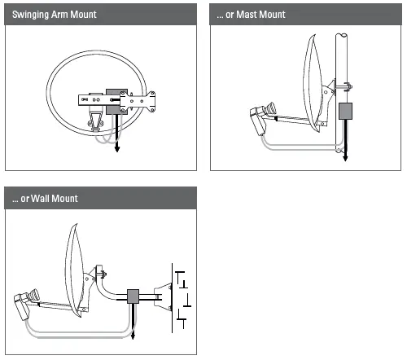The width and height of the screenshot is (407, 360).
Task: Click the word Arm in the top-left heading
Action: pyautogui.click(x=68, y=15)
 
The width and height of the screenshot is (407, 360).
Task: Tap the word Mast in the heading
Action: pyautogui.click(x=247, y=15)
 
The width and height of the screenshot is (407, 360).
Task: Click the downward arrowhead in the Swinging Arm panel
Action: pyautogui.click(x=117, y=150)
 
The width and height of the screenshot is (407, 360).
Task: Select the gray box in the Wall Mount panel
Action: pyautogui.click(x=132, y=296)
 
